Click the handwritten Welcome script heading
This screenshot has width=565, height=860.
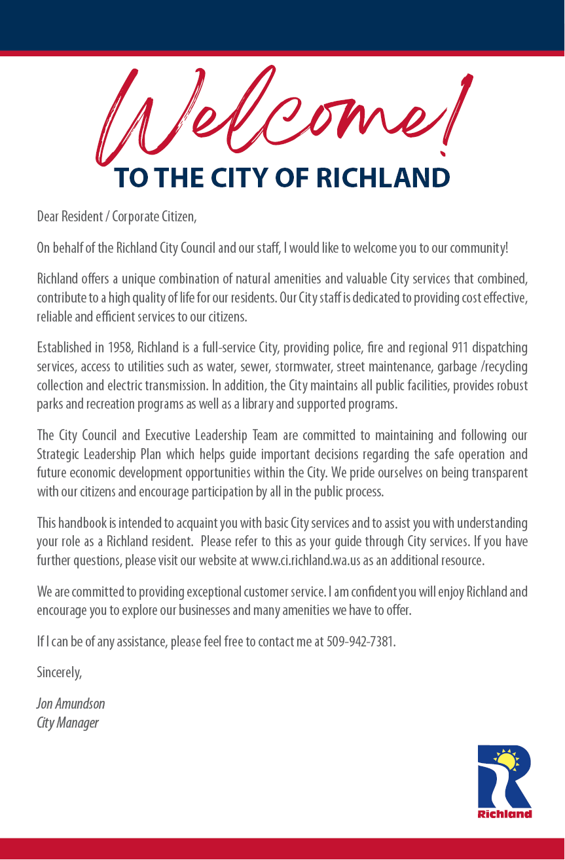click(282, 115)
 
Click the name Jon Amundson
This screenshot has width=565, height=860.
click(71, 704)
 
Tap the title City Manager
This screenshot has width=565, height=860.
click(68, 723)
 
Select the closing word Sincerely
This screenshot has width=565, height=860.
click(60, 673)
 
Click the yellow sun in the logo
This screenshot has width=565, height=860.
click(505, 760)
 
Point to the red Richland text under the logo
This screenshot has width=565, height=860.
click(505, 814)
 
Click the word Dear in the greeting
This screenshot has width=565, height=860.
click(48, 216)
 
